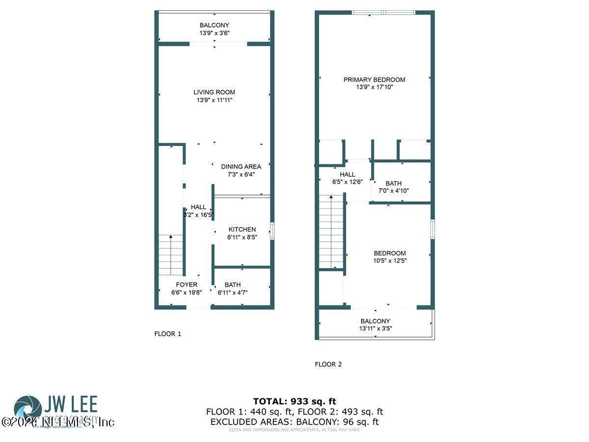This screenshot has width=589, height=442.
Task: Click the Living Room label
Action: click(x=214, y=92)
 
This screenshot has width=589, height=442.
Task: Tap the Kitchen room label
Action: click(x=242, y=229)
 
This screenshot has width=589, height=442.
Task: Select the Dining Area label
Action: click(x=241, y=166)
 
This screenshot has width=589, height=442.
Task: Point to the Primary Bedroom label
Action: click(x=374, y=80)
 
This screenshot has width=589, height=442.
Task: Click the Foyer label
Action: click(x=187, y=285)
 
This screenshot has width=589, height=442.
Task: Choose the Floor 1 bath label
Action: click(x=233, y=285)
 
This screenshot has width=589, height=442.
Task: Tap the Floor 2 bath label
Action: click(x=393, y=184)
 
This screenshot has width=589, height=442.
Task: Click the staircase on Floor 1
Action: click(x=170, y=254)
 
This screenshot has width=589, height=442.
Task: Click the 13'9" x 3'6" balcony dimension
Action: click(x=214, y=33)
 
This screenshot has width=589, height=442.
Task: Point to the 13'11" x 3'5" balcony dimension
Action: click(x=375, y=329)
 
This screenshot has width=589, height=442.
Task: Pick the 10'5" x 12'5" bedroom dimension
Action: click(x=390, y=261)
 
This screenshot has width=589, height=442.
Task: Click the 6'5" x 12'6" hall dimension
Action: click(x=347, y=182)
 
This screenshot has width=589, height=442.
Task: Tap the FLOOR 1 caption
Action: click(x=168, y=334)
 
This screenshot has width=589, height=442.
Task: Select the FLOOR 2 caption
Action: click(x=328, y=364)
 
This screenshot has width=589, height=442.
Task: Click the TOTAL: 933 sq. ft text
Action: click(x=294, y=401)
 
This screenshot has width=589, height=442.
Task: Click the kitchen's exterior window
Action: click(x=272, y=230)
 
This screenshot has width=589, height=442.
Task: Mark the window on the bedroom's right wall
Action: click(x=432, y=229)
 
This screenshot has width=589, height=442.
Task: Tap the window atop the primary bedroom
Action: click(x=391, y=12)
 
